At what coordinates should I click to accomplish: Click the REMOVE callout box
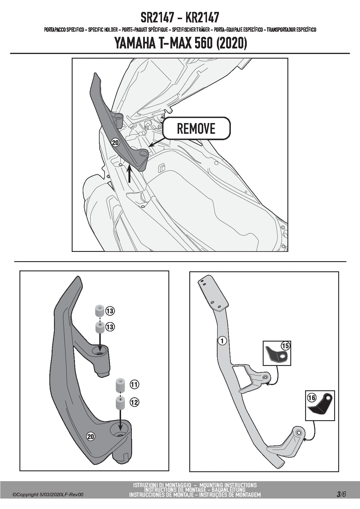[x=196, y=128]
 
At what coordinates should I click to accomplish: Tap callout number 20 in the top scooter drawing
[x=115, y=142]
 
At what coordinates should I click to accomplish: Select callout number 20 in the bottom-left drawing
[x=91, y=436]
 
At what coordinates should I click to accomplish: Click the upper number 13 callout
[x=110, y=311]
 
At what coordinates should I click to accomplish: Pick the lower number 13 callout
[x=110, y=327]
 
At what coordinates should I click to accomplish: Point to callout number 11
[x=134, y=385]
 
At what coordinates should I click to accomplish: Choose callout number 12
[x=134, y=402]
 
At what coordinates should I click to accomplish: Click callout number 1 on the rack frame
[x=222, y=341]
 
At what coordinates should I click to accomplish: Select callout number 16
[x=312, y=397]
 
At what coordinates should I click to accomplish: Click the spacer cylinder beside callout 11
[x=121, y=385]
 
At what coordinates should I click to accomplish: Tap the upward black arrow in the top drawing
[x=129, y=174]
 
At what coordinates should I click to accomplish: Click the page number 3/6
[x=341, y=494]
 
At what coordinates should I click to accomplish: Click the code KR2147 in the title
[x=202, y=18]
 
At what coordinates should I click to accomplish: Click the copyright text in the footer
[x=48, y=494]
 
